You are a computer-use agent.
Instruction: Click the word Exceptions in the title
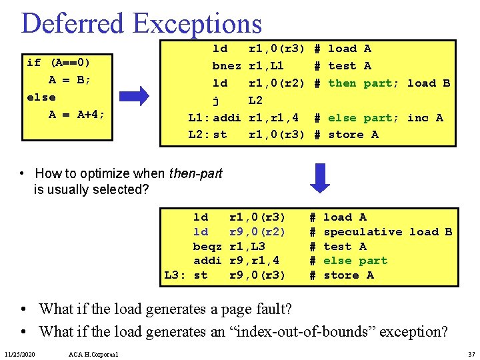tap(197, 23)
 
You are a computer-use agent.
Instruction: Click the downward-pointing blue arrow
tap(321, 177)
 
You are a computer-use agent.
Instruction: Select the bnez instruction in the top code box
tap(226, 65)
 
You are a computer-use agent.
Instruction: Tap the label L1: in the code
tap(199, 117)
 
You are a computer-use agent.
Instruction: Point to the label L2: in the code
tap(199, 134)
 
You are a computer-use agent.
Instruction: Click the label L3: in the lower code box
tap(175, 275)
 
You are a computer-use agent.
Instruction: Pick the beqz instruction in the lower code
tap(207, 246)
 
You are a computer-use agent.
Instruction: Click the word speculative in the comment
tap(363, 231)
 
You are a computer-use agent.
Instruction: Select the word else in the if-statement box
tap(41, 97)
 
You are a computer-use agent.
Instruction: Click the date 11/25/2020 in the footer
tap(22, 353)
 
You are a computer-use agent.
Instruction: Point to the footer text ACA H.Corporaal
tap(93, 353)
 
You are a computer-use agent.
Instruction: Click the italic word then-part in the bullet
tap(196, 173)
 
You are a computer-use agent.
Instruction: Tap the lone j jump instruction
tap(216, 100)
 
